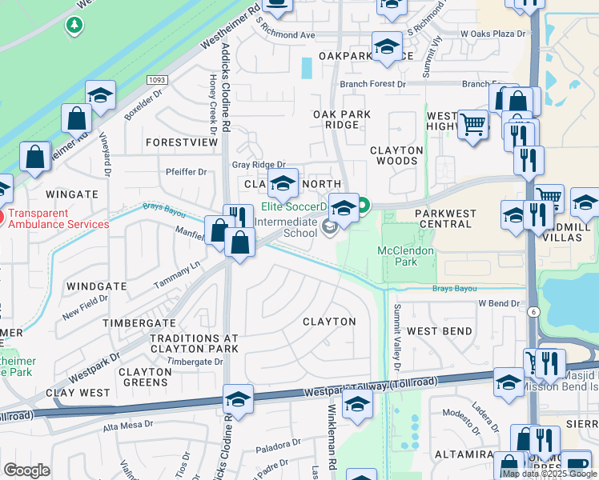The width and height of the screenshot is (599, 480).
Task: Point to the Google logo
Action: tap(26, 470)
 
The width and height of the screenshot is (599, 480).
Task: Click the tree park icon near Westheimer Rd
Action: tap(74, 26)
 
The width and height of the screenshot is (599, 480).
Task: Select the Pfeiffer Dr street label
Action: tap(186, 171)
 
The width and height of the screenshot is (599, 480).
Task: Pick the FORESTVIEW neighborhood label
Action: tap(182, 142)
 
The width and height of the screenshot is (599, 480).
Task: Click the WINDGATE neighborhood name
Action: tap(96, 286)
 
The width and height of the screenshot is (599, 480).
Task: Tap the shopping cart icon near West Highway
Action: tap(473, 124)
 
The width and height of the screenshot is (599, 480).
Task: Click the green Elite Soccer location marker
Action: tap(363, 206)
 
